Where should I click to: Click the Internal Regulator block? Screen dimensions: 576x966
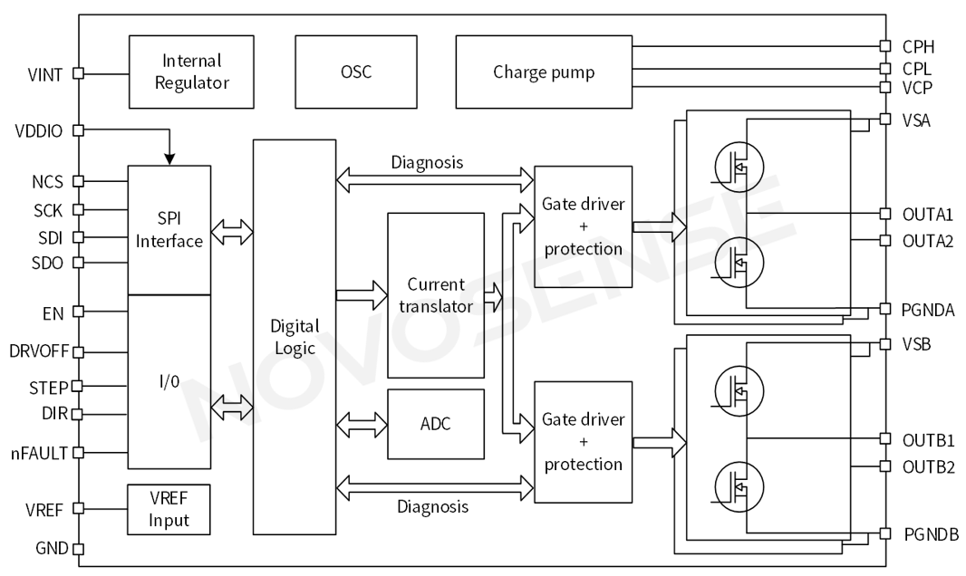click(x=194, y=72)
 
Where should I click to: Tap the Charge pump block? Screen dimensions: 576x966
click(x=544, y=72)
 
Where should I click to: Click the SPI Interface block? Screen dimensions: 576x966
click(x=169, y=230)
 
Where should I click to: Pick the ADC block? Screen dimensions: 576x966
click(x=436, y=424)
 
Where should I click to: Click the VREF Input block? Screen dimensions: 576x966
click(x=169, y=509)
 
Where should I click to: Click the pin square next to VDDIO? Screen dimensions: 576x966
click(x=78, y=130)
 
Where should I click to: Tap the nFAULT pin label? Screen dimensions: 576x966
click(x=38, y=451)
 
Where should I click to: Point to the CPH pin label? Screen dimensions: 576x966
click(x=918, y=46)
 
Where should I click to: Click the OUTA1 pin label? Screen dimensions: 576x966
click(x=928, y=214)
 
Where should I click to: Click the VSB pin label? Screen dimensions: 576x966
click(x=916, y=345)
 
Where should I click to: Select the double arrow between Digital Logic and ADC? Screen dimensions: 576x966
click(x=361, y=424)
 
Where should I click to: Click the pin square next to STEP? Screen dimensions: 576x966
click(x=77, y=386)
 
